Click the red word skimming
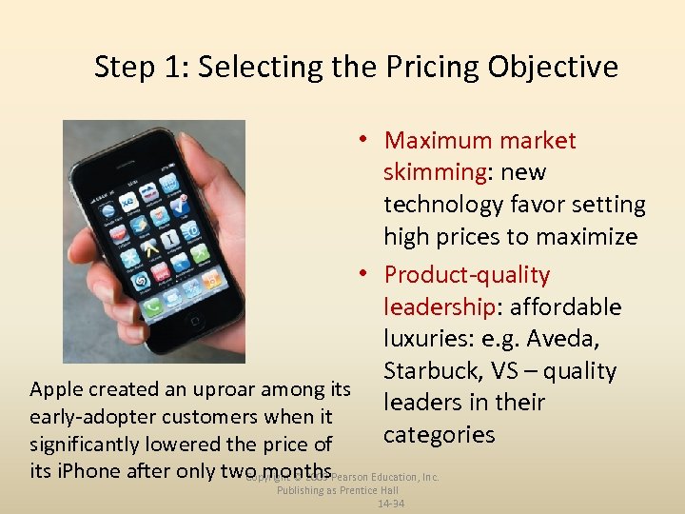pyautogui.click(x=435, y=172)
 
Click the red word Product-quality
pyautogui.click(x=467, y=275)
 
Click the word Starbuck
pyautogui.click(x=431, y=370)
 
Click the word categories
pyautogui.click(x=440, y=435)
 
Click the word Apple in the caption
pyautogui.click(x=58, y=389)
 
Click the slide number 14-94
pyautogui.click(x=390, y=504)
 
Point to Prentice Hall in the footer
pyautogui.click(x=375, y=490)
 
